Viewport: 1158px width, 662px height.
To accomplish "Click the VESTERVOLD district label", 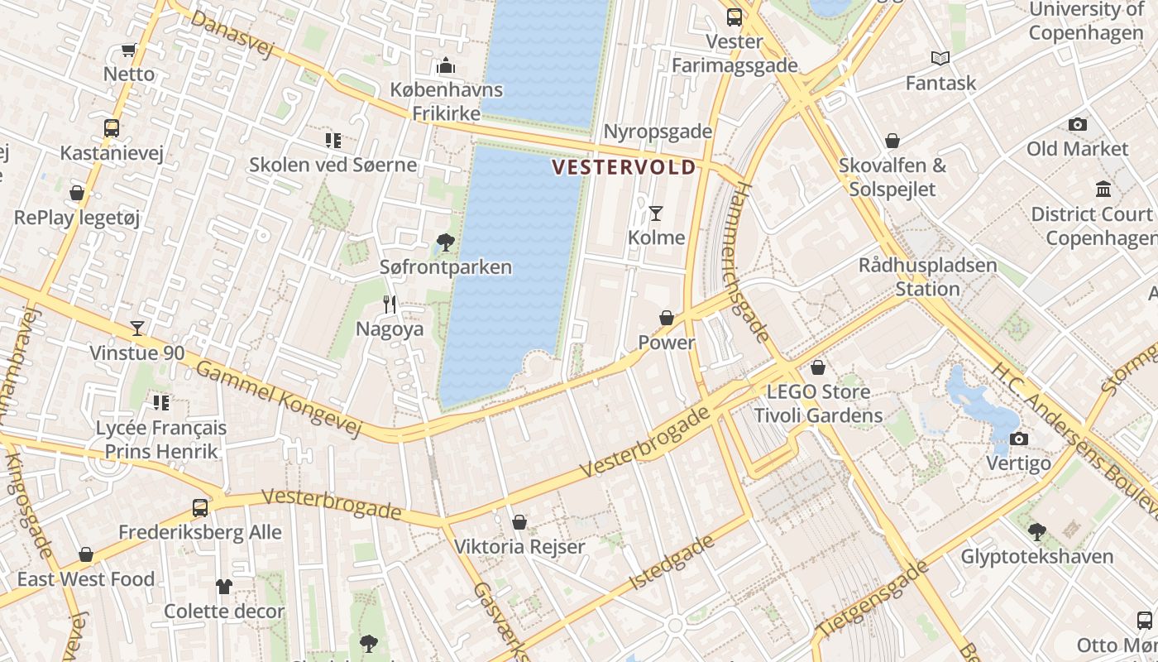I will (624, 168).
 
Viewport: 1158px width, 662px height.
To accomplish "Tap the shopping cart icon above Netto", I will (128, 50).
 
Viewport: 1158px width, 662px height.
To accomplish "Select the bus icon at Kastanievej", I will (112, 128).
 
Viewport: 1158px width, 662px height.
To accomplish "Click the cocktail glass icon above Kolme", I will (656, 213).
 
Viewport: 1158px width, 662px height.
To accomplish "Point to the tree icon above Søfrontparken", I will (446, 242).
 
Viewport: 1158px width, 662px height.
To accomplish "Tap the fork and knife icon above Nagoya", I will (390, 305).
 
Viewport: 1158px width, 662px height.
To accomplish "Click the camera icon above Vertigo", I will (1019, 439).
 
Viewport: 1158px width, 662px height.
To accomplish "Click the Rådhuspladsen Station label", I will (927, 277).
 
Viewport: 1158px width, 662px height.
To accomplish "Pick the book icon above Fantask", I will (940, 58).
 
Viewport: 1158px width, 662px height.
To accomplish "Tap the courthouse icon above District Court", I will (1103, 189).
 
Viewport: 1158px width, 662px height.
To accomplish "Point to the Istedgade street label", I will (672, 563).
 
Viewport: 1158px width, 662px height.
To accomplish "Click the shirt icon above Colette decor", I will (224, 587).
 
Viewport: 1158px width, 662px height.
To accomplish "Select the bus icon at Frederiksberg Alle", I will (200, 507).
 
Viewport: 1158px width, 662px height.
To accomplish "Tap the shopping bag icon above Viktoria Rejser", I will (519, 522).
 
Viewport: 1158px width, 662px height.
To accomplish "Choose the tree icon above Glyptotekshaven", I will (1036, 531).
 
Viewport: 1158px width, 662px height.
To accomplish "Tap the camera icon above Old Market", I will (1077, 124).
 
